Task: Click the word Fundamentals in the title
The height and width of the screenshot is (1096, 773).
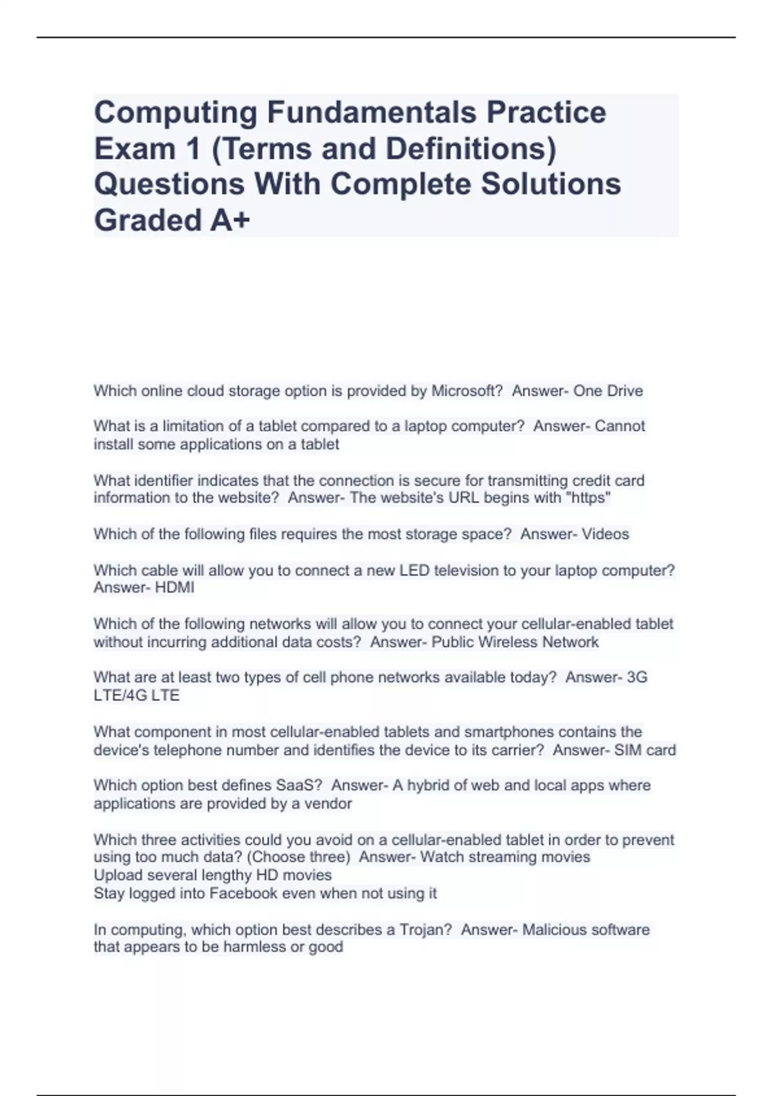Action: tap(372, 113)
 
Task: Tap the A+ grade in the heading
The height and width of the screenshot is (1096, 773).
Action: tap(229, 220)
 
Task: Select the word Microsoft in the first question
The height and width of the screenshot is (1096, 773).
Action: tap(464, 391)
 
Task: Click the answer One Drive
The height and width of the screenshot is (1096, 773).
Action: tap(608, 391)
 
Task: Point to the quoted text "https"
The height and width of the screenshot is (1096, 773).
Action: tap(591, 498)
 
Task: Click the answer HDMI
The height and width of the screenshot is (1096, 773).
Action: tap(174, 588)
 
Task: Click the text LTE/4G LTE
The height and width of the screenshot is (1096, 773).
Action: tap(137, 696)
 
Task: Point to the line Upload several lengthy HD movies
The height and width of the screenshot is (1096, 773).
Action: tap(213, 876)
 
